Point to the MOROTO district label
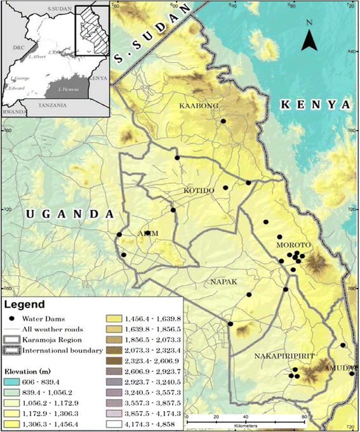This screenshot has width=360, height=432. pyautogui.click(x=291, y=244)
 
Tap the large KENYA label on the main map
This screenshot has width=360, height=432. pyautogui.click(x=316, y=104)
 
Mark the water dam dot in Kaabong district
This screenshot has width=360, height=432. pyautogui.click(x=223, y=121)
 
